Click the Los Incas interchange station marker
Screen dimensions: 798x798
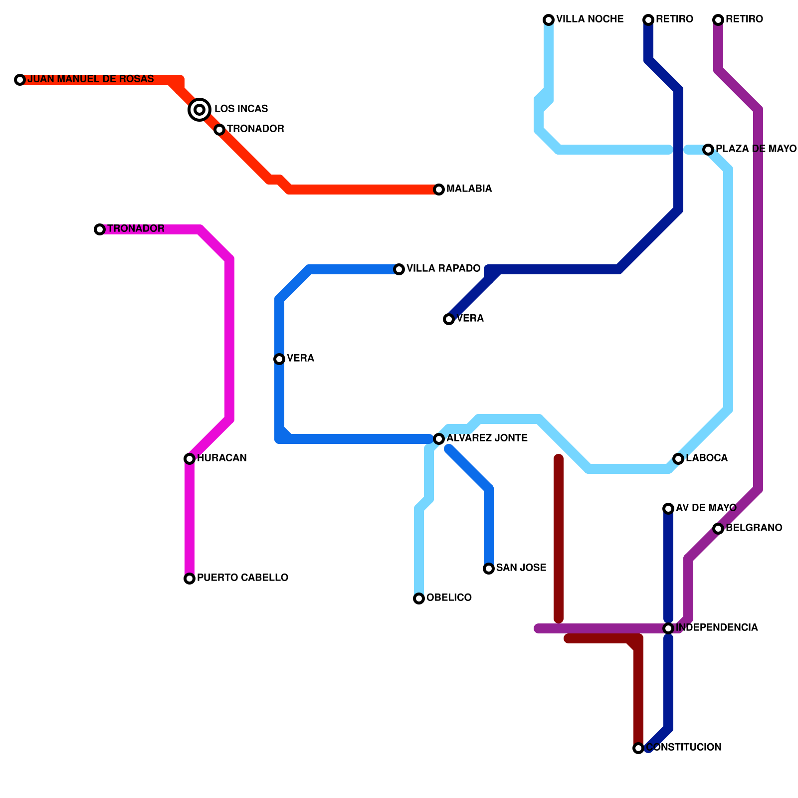[x=199, y=109]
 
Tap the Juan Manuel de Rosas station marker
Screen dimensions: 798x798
[x=20, y=80]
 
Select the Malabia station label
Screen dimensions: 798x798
[x=469, y=189]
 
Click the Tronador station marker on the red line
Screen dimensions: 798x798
[x=219, y=130]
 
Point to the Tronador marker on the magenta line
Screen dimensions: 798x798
[x=100, y=229]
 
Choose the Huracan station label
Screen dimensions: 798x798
[x=221, y=458]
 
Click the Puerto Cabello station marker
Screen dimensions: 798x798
[x=190, y=579]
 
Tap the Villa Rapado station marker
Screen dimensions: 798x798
[x=399, y=269]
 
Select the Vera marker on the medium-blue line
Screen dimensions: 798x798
[x=279, y=359]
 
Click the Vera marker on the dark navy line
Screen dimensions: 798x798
[x=449, y=319]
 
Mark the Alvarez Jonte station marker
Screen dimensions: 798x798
[x=439, y=439]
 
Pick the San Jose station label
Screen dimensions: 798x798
[x=521, y=568]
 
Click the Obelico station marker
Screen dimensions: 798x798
[x=419, y=598]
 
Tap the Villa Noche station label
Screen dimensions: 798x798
[x=590, y=19]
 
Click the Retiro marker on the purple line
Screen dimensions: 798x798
[x=718, y=20]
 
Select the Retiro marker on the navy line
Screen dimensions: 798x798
[x=648, y=20]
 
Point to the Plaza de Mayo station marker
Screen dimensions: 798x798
[x=708, y=150]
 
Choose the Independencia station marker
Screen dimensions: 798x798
[x=668, y=628]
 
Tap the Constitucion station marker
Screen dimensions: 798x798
[x=638, y=748]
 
